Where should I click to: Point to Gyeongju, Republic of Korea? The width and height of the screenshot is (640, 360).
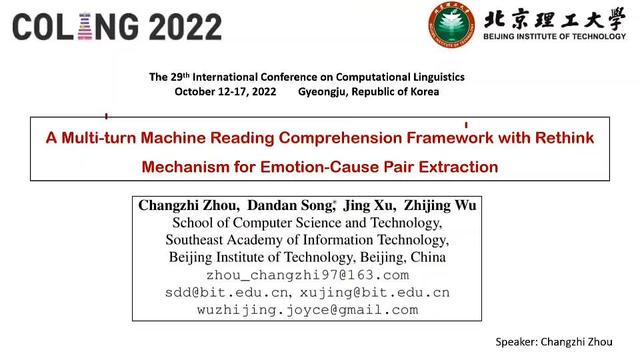(368, 91)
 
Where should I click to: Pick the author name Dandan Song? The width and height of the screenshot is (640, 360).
(288, 205)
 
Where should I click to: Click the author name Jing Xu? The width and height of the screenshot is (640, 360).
(368, 205)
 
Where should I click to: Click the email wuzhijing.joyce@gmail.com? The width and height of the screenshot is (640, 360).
(307, 310)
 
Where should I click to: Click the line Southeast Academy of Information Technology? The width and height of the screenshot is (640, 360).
(307, 240)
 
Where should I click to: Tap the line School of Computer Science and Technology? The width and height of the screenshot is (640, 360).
(307, 222)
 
